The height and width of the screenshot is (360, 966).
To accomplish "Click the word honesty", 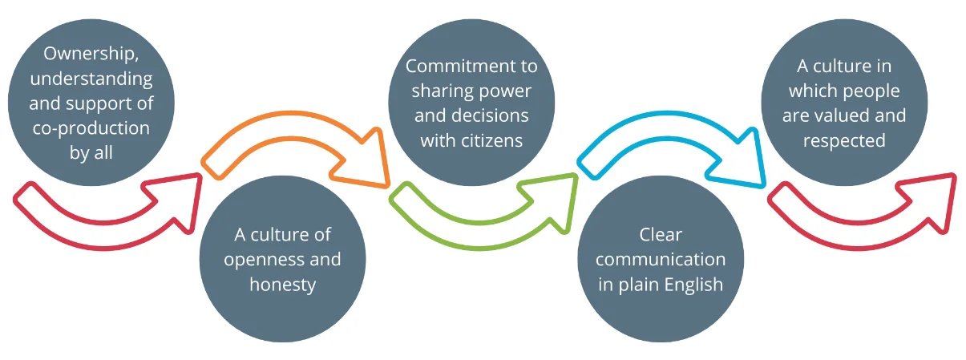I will tap(282, 284).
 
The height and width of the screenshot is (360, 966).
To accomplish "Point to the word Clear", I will tap(661, 235).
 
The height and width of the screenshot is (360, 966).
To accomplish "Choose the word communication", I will tap(661, 259).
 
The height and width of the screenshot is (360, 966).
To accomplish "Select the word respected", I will tap(845, 140).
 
